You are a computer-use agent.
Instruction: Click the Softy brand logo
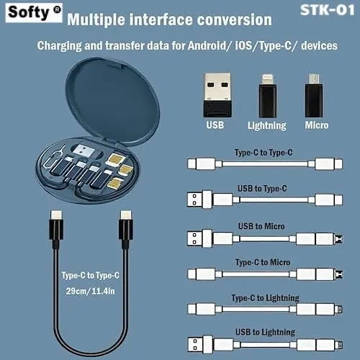click(x=34, y=12)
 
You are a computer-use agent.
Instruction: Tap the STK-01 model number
click(x=327, y=10)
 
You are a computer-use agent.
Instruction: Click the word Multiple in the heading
click(x=96, y=19)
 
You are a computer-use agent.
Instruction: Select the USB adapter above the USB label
click(x=217, y=95)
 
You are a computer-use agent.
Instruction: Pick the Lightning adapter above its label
click(x=268, y=96)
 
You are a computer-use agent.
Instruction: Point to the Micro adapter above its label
click(x=314, y=96)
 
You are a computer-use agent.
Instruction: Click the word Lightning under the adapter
click(x=267, y=125)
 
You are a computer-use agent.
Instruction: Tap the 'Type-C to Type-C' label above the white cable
click(x=264, y=153)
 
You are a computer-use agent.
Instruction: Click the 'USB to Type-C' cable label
click(x=262, y=189)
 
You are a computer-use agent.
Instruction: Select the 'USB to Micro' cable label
click(x=261, y=226)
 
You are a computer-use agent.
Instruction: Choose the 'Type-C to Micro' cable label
click(x=263, y=262)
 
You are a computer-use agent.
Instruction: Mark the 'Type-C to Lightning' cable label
click(x=265, y=298)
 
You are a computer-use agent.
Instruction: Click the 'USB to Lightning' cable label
click(x=265, y=332)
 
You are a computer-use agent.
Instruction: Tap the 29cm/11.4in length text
click(x=91, y=291)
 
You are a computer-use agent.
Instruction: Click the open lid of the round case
click(x=112, y=101)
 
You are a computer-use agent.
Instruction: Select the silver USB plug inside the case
click(x=84, y=151)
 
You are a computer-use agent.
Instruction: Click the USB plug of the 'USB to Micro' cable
click(x=199, y=238)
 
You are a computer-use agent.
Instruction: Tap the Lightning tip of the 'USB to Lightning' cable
click(x=339, y=346)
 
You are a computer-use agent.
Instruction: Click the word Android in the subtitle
click(x=207, y=45)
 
